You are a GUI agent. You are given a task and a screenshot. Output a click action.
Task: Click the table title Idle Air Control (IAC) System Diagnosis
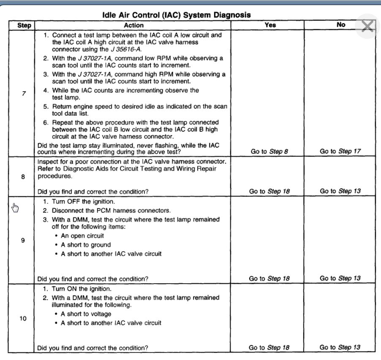(177, 15)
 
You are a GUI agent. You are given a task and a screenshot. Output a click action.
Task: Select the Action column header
(134, 25)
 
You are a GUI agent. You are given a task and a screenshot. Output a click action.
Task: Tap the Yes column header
(270, 25)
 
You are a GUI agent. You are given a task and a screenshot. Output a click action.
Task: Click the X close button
(367, 26)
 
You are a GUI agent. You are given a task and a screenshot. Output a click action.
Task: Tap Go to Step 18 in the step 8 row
(269, 191)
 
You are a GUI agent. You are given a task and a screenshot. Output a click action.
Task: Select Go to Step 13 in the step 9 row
(340, 278)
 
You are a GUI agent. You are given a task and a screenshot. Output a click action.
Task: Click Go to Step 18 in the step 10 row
(269, 347)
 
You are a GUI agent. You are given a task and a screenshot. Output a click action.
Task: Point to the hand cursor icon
(16, 207)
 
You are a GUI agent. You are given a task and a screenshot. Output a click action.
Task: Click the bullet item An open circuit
(82, 235)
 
